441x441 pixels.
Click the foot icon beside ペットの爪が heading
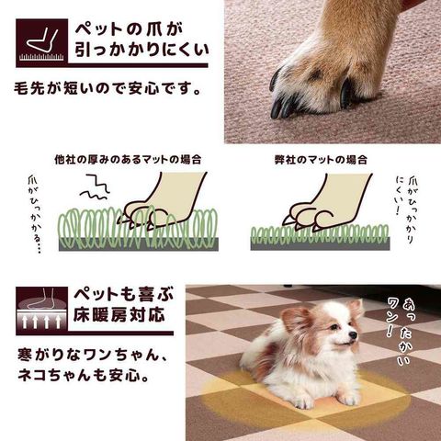pos(41,42)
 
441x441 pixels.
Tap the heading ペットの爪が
pos(129,29)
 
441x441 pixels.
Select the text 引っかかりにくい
pos(141,50)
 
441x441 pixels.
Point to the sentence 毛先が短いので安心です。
pos(107,88)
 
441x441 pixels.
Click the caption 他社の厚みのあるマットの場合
pos(128,160)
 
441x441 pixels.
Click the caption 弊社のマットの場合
pos(321,160)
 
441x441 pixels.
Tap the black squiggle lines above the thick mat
pos(95,187)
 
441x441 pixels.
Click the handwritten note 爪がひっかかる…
pos(36,214)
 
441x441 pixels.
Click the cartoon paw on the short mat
pos(327,201)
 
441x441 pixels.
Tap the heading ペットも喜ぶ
pos(124,294)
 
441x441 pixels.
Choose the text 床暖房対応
pos(119,315)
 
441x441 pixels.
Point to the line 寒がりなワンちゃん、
pos(93,355)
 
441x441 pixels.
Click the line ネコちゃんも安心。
pos(84,376)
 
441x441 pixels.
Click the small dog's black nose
pos(353,334)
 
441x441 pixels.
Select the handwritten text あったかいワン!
pos(398,331)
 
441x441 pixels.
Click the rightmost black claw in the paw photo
pos(346,94)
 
